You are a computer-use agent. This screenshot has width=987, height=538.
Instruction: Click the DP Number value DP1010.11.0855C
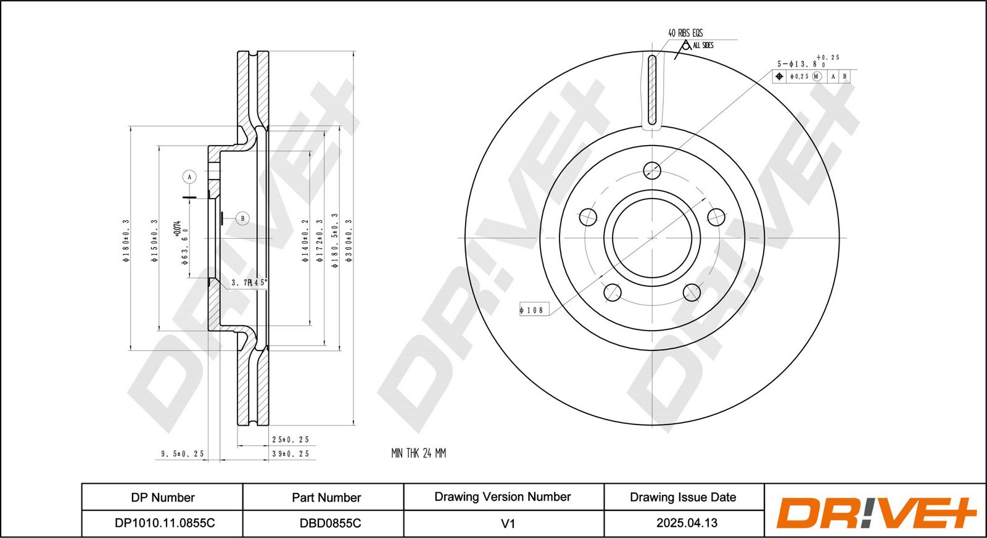[x=165, y=523]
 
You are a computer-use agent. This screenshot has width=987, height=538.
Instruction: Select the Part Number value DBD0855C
[x=331, y=523]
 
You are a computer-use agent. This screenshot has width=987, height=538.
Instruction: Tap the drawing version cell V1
[x=508, y=523]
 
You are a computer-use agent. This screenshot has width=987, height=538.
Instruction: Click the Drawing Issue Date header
[x=683, y=497]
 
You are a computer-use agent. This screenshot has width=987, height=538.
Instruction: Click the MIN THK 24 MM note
[x=419, y=453]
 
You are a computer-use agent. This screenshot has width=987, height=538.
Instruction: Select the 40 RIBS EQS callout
[x=685, y=33]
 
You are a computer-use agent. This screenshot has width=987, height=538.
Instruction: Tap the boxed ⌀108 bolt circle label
[x=534, y=310]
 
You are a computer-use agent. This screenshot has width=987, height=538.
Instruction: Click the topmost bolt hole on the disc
[x=652, y=170]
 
